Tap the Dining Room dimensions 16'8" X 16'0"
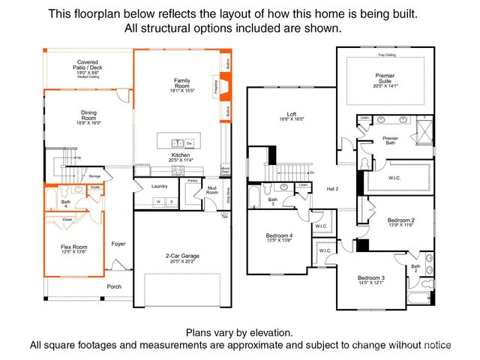[x=88, y=123]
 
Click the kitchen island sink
[x=178, y=142]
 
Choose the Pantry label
[x=193, y=181]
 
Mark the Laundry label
[x=159, y=186]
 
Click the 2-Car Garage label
[x=178, y=256]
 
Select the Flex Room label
[x=73, y=246]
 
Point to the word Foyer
[x=118, y=243]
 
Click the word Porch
[x=114, y=286]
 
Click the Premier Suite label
[x=384, y=78]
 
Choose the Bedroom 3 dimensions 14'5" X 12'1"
[x=372, y=282]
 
